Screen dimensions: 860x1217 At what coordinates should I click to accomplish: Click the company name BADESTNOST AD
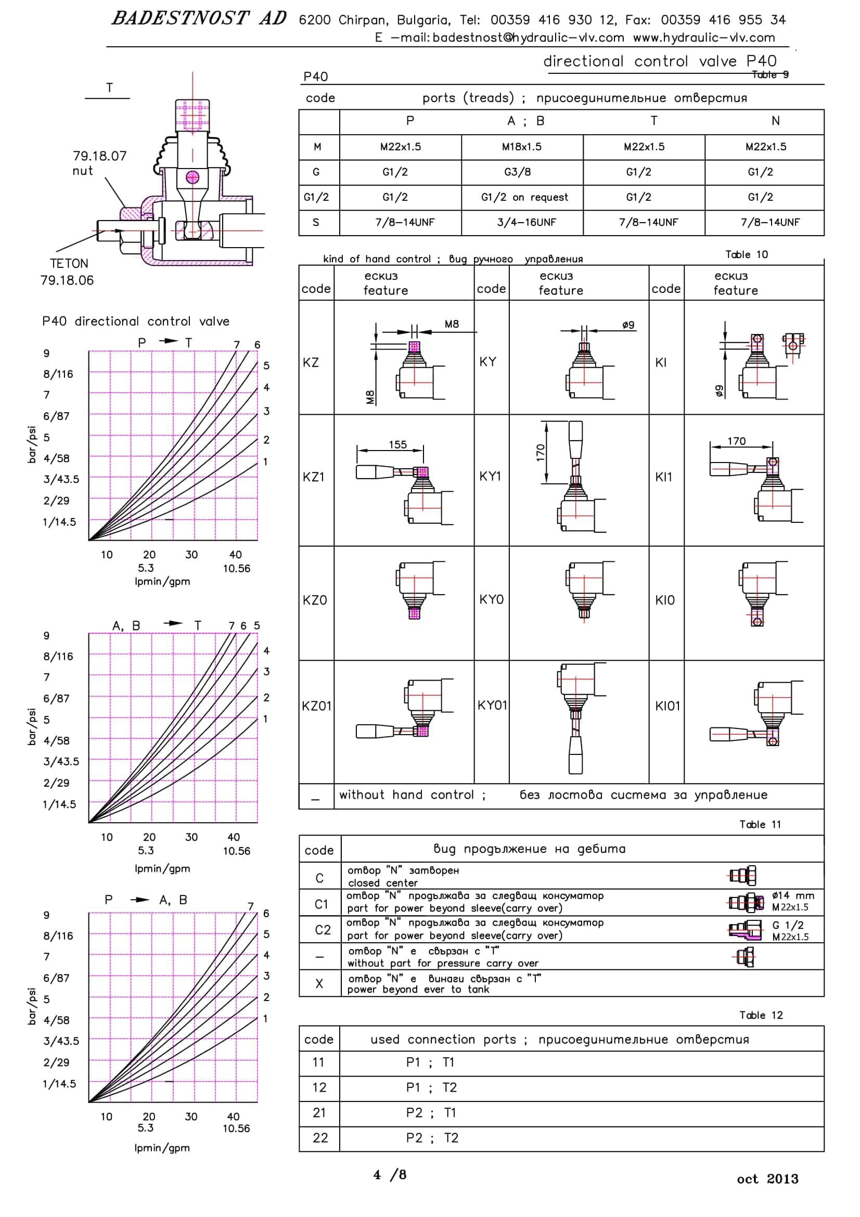point(199,19)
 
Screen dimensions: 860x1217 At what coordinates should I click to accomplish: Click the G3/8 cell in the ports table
point(517,172)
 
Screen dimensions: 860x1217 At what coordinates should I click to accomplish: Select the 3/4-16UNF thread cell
point(527,222)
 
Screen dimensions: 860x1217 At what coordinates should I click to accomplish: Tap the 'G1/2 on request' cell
point(524,197)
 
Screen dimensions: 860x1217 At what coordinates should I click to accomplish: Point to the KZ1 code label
point(313,477)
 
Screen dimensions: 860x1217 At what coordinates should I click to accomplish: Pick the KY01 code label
point(492,706)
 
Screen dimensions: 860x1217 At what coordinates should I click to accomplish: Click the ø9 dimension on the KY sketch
point(628,324)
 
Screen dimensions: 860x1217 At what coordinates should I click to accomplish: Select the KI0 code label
point(665,600)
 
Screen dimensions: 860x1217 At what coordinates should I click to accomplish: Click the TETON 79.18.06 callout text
point(67,272)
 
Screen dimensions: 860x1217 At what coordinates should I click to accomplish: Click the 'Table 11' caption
point(760,824)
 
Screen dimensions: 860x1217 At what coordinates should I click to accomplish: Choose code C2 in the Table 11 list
point(323,930)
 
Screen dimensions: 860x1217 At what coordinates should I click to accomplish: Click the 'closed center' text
point(382,883)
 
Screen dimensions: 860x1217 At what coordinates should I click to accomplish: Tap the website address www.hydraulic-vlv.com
point(704,37)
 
